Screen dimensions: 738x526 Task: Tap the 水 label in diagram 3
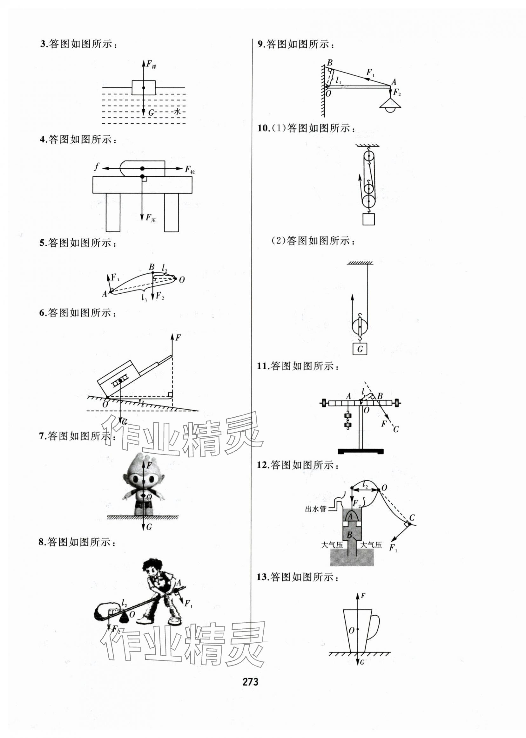pos(177,112)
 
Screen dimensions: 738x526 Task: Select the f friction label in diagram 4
pos(96,167)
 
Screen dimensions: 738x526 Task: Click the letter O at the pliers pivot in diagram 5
pos(182,279)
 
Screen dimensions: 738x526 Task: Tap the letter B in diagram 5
pos(151,267)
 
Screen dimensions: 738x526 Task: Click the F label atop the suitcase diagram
pos(178,338)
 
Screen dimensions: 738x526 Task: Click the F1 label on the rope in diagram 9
pos(370,72)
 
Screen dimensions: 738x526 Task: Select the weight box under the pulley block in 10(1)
pos(368,219)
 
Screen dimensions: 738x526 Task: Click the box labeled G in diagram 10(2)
pos(360,349)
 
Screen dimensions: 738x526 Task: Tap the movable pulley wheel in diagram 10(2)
pos(360,327)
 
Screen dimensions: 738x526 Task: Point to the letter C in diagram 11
pos(396,429)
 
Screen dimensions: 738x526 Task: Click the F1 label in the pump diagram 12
pos(393,548)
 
